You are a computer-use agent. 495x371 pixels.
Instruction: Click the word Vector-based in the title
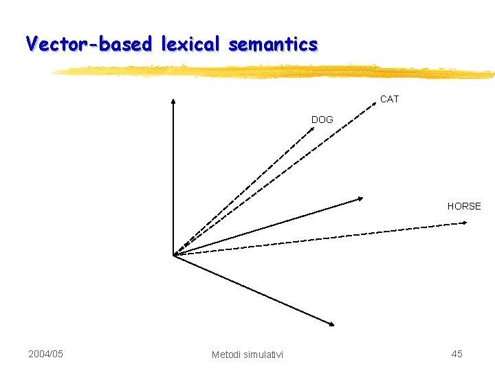click(90, 44)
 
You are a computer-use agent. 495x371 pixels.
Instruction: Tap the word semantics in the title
click(273, 44)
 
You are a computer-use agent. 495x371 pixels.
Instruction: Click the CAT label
click(389, 100)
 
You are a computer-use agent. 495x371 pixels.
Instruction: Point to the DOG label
click(322, 120)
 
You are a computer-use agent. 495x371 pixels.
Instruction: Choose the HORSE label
click(464, 206)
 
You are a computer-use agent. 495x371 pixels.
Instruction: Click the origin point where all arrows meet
click(174, 255)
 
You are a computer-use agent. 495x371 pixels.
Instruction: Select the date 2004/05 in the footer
click(45, 354)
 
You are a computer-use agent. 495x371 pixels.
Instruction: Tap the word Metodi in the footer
click(226, 355)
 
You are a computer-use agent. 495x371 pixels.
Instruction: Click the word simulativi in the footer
click(263, 355)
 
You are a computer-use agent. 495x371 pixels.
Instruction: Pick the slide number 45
click(456, 354)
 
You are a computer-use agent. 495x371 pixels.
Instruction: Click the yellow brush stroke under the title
click(275, 71)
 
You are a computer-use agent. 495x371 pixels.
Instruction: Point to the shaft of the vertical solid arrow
click(173, 179)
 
